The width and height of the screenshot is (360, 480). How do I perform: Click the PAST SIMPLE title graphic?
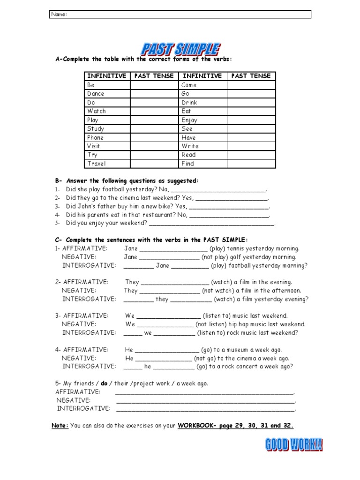point(180,49)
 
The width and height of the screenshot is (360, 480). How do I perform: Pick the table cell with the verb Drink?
point(202,102)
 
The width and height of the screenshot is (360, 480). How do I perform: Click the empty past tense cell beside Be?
point(154,85)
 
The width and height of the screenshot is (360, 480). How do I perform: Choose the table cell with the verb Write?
point(202,146)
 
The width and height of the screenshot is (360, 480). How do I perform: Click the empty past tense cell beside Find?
point(251,164)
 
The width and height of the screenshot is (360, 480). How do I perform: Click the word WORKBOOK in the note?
point(194,426)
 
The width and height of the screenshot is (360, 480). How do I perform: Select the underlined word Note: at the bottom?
point(60,426)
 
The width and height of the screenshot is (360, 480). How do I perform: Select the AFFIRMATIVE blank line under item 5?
point(204,392)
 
